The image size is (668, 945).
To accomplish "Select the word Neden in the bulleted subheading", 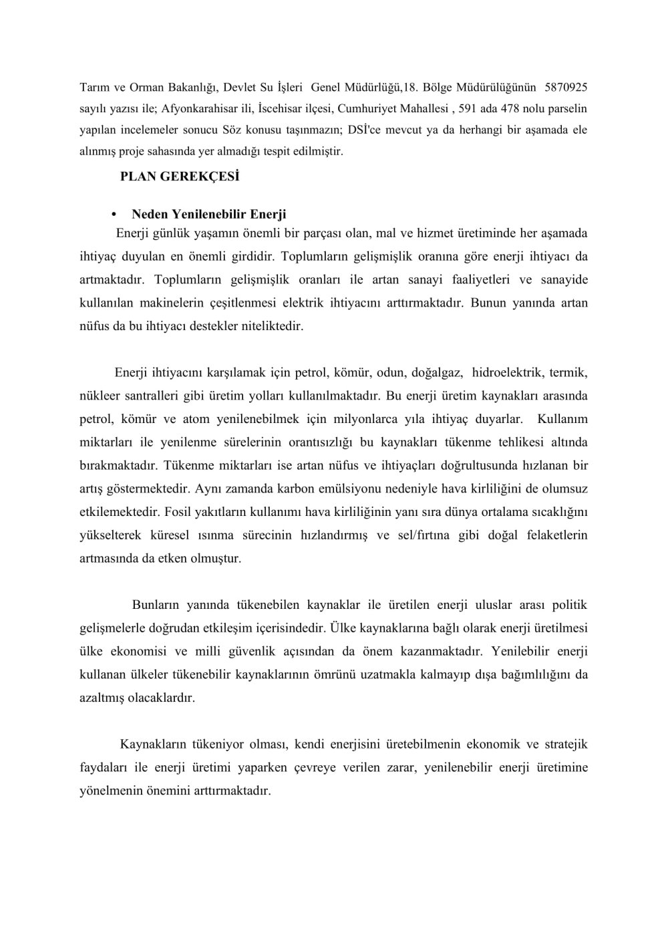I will click(148, 215).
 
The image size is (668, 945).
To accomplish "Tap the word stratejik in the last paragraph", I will click(565, 745).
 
